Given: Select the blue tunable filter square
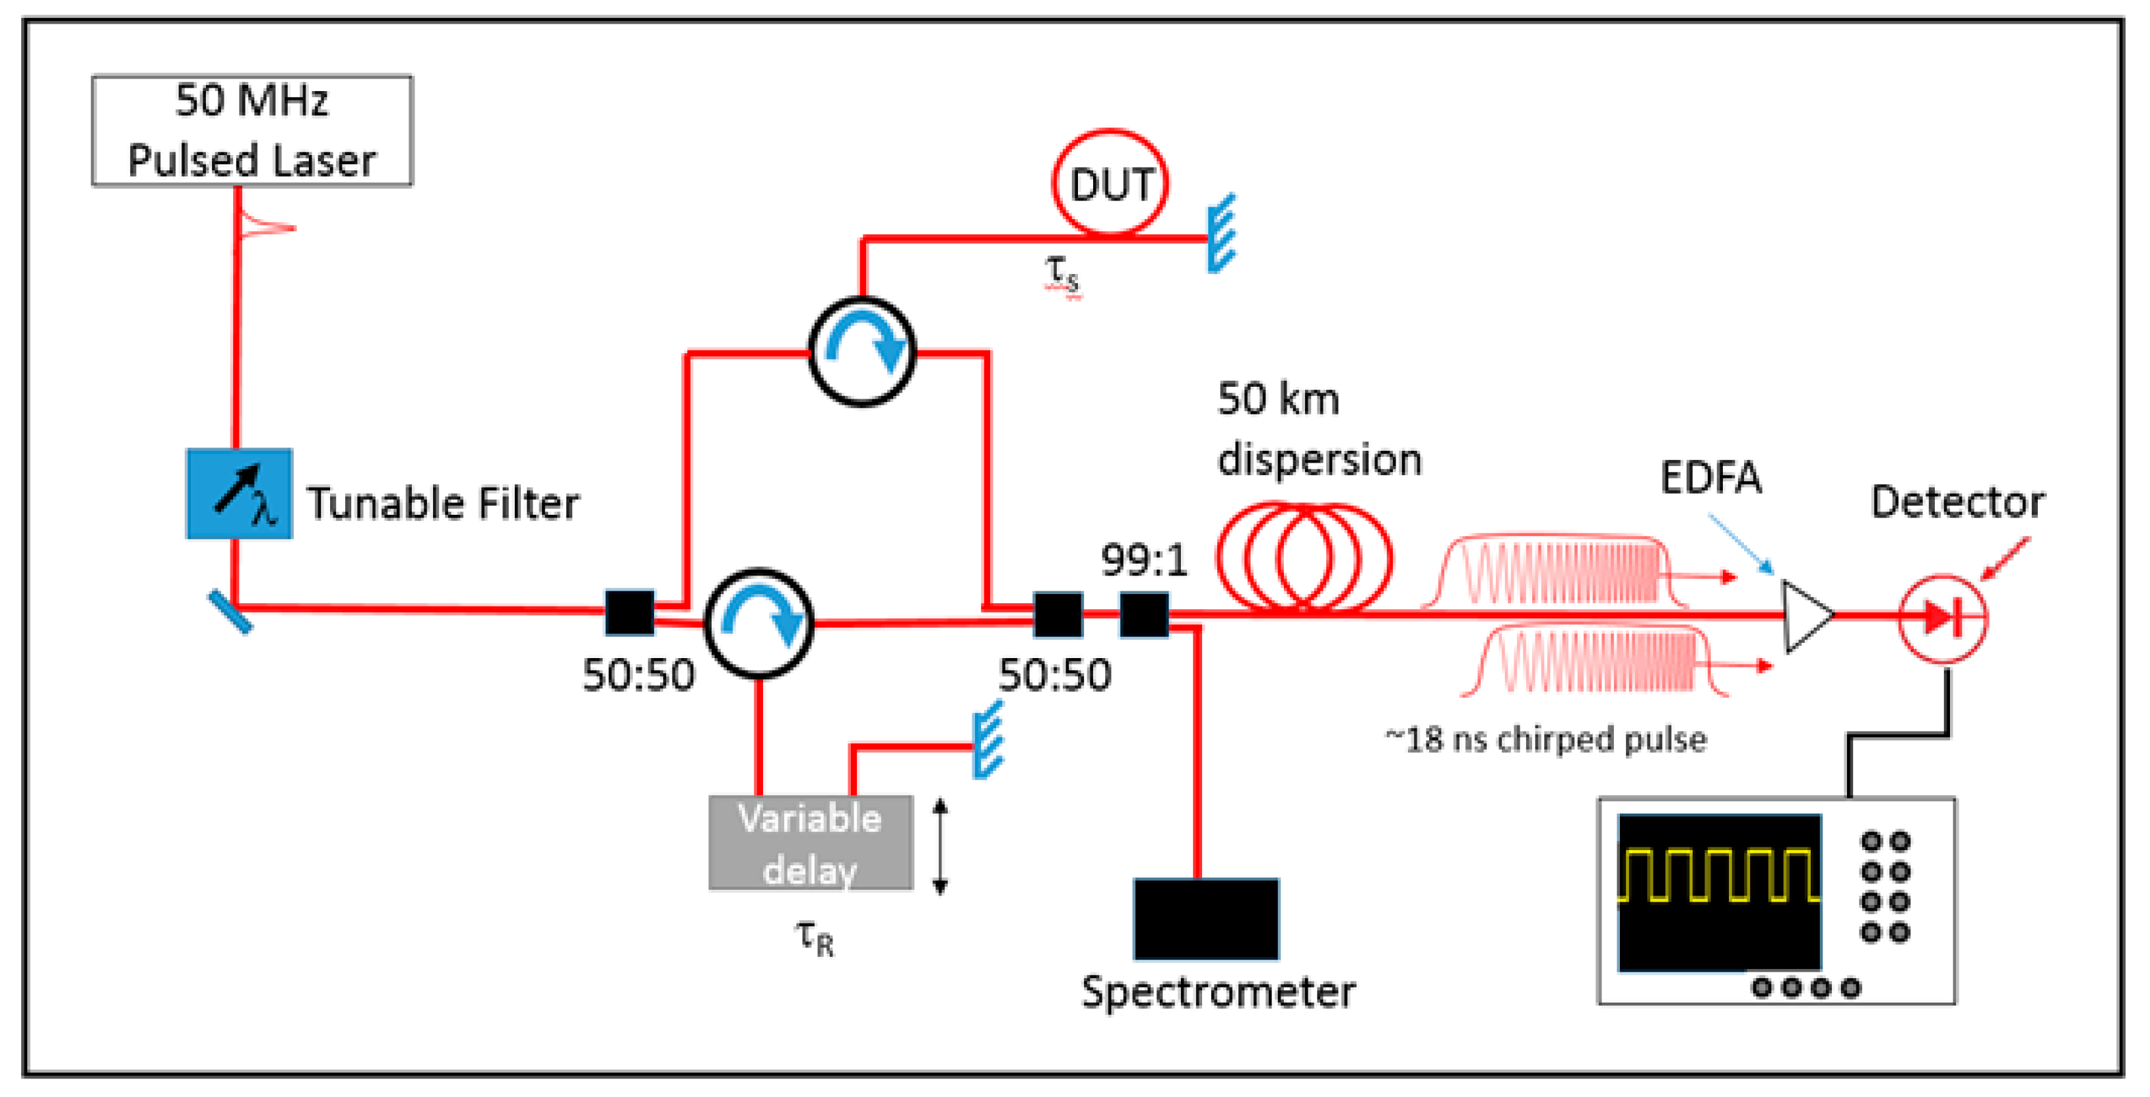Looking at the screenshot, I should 240,494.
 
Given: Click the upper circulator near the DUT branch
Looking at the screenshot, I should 862,351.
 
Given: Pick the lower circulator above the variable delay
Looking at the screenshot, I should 758,623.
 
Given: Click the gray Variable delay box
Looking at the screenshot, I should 811,843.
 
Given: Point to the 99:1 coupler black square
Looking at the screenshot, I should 1143,615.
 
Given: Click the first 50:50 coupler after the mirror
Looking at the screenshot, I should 629,613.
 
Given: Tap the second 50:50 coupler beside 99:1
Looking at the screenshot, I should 1058,615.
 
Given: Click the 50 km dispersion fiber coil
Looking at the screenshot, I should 1303,557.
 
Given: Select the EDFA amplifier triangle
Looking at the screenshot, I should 1805,616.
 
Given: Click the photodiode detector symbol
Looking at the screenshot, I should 1942,618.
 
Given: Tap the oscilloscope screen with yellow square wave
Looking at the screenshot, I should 1720,892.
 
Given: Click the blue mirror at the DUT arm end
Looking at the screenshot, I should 1222,234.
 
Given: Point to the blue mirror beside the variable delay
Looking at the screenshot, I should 988,741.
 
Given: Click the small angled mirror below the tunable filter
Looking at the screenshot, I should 230,612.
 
